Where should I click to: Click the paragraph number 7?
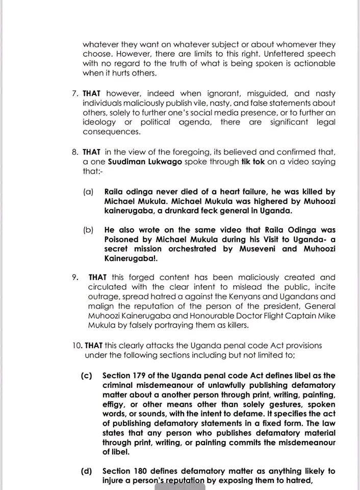pos(75,93)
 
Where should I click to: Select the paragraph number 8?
pos(75,152)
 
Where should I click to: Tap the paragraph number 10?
pos(77,346)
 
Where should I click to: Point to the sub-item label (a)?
pos(89,192)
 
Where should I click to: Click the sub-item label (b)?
pos(89,230)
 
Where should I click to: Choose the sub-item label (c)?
pos(86,376)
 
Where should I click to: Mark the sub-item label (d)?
pos(86,471)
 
